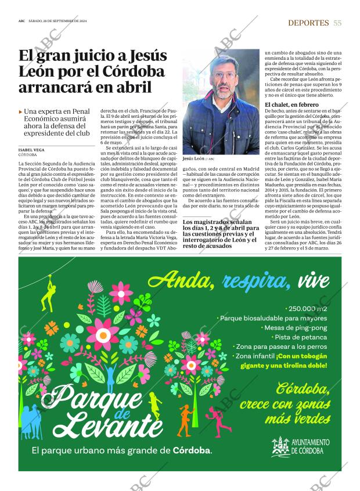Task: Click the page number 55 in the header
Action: click(x=337, y=23)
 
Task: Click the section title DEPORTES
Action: click(x=308, y=23)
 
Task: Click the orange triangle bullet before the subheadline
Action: click(x=21, y=111)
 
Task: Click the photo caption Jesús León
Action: click(x=193, y=158)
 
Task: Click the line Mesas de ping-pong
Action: click(x=296, y=327)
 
